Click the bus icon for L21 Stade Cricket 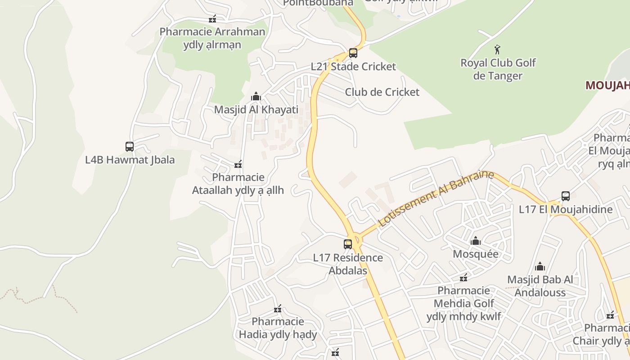353,53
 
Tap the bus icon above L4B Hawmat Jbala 130,147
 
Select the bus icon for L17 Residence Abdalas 348,244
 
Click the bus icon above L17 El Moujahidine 566,196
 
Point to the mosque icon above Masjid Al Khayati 256,96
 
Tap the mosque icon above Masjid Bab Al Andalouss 540,266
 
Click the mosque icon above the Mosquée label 476,241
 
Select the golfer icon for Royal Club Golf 497,49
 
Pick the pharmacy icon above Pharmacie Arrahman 212,19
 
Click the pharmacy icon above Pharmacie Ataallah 238,164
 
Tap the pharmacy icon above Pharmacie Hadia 278,309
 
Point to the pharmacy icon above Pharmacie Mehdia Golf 463,278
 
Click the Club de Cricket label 382,92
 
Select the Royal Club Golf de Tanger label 498,69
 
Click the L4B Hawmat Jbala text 130,160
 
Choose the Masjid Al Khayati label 256,110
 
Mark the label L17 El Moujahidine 566,209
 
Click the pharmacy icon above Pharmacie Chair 610,315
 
